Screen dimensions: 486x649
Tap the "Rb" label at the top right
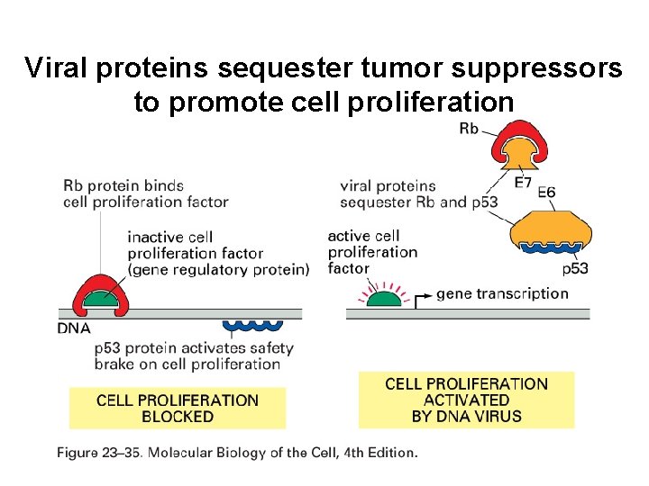[x=469, y=129]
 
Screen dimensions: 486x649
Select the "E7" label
[x=523, y=184]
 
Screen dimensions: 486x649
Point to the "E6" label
[x=546, y=193]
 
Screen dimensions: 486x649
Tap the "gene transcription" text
[x=502, y=293]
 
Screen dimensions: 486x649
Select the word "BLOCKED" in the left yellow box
[x=178, y=417]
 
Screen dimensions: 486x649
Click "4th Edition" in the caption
[x=379, y=453]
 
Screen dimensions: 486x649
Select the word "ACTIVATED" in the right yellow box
[x=466, y=400]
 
